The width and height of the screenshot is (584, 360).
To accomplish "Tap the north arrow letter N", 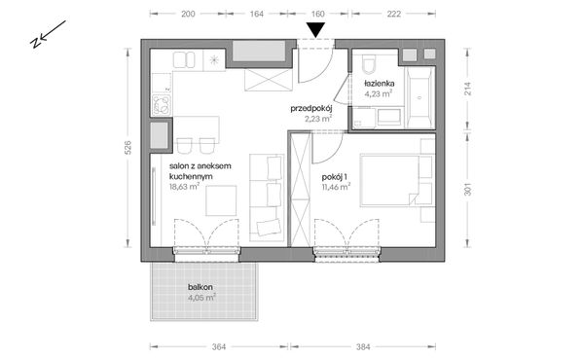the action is pyautogui.click(x=35, y=43).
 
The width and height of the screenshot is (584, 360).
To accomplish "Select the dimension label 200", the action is pyautogui.click(x=188, y=14).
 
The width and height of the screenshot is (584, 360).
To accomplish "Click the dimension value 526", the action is pyautogui.click(x=128, y=148).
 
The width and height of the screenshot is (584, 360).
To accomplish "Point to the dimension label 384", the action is pyautogui.click(x=363, y=347).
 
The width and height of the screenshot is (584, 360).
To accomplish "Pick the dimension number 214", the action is pyautogui.click(x=468, y=89).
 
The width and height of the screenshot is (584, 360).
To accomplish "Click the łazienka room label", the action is pyautogui.click(x=380, y=84).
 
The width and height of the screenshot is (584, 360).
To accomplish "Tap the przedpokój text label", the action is pyautogui.click(x=311, y=109).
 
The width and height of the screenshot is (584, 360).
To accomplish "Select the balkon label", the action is pyautogui.click(x=201, y=287).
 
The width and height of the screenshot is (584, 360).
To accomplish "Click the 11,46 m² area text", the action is pyautogui.click(x=336, y=187).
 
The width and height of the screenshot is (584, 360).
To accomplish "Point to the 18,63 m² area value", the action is pyautogui.click(x=184, y=187).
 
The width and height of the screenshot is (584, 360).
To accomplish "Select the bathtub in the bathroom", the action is pyautogui.click(x=420, y=97).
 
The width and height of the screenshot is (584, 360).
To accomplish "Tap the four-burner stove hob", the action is pyautogui.click(x=162, y=105).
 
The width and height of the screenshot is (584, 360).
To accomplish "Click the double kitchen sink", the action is pyautogui.click(x=184, y=59).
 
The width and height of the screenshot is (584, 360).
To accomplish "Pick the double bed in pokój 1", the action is pyautogui.click(x=389, y=181).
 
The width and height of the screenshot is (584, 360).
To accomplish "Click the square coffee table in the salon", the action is pyautogui.click(x=221, y=200).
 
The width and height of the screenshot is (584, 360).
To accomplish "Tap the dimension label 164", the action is pyautogui.click(x=257, y=14).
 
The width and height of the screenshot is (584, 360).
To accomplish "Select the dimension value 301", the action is pyautogui.click(x=468, y=189).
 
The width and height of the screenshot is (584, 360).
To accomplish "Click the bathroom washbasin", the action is pyautogui.click(x=389, y=117).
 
